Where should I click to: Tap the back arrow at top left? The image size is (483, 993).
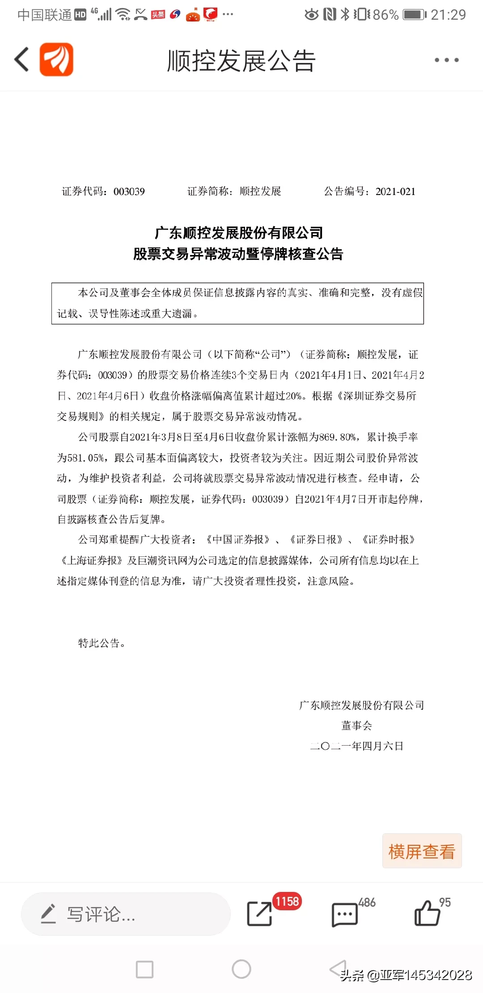(21, 59)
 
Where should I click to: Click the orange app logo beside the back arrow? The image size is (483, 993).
(56, 59)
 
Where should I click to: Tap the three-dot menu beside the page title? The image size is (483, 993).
(446, 60)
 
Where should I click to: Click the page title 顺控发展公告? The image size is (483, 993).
(241, 61)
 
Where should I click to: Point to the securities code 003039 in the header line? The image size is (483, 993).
(129, 192)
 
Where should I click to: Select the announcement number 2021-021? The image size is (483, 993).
(395, 192)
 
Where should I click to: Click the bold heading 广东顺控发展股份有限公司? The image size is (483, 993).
(238, 233)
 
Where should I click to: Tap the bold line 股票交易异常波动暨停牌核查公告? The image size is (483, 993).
(238, 254)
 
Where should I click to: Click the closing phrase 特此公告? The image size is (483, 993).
(101, 643)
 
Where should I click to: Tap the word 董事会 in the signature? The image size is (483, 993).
(356, 726)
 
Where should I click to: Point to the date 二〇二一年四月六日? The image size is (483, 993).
(356, 746)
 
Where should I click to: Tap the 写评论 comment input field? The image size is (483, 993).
(125, 914)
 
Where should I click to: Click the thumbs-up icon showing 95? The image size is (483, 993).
(427, 913)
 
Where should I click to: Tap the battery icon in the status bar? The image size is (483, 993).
(415, 15)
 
